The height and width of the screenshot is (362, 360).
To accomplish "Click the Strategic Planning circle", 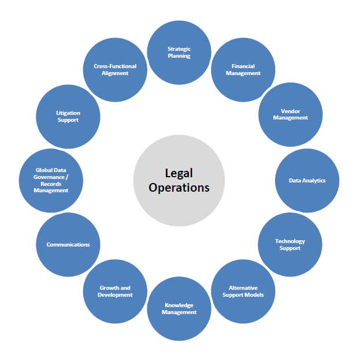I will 179,53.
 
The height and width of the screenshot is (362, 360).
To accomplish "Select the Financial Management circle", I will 243,70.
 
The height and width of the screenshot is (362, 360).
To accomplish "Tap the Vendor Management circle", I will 290,114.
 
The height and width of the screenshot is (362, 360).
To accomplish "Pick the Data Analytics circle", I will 307,181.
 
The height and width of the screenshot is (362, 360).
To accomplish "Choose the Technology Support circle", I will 290,245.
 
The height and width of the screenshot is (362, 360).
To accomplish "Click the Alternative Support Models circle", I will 243,291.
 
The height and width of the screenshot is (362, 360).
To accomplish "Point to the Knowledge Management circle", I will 179,309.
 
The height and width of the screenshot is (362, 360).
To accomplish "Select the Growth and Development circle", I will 115,291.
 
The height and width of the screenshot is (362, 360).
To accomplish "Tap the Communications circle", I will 68,245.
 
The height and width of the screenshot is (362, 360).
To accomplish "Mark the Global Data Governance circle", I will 51,181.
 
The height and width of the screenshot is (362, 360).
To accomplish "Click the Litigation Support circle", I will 68,117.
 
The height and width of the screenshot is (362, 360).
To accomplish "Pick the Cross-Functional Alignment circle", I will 115,70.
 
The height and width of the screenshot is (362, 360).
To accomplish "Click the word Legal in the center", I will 179,173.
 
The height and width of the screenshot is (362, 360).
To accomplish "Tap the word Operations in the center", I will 179,188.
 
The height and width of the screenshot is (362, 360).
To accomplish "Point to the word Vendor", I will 290,111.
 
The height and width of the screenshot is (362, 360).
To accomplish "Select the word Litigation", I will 68,113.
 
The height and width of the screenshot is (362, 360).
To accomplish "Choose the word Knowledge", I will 179,305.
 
